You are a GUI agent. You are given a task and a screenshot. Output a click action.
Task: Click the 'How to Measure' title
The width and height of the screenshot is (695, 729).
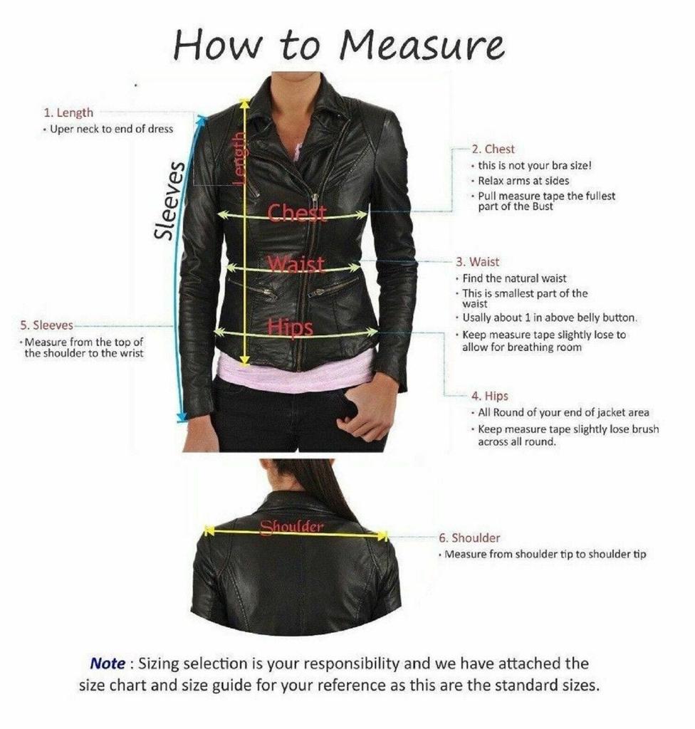coord(339,45)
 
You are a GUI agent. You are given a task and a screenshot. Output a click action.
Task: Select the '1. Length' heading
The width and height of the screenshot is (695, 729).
coord(68,112)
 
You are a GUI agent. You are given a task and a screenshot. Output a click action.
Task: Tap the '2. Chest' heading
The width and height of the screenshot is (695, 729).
coord(493,149)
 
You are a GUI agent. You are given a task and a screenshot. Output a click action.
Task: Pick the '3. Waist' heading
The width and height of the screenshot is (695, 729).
coord(477,262)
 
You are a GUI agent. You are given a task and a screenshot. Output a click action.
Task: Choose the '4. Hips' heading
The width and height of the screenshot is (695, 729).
coord(490,396)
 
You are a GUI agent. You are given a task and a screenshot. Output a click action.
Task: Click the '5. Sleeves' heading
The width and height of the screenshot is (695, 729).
coord(46,325)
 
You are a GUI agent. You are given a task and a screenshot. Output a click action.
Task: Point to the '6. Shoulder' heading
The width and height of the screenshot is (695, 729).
coord(469,537)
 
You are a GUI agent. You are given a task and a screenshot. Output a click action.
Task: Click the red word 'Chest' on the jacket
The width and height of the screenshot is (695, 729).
coord(297,213)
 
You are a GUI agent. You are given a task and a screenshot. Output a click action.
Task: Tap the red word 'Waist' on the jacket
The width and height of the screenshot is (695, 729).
coord(296,264)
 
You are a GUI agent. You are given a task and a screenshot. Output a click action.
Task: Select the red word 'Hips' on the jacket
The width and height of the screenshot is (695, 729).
coord(290,327)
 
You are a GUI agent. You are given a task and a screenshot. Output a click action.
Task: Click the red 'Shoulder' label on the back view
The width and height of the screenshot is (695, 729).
coord(292,527)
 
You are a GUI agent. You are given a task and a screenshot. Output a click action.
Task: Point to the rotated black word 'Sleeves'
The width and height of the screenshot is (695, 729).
coord(169,200)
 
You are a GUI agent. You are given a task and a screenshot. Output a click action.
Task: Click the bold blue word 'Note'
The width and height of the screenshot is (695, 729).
coord(108,663)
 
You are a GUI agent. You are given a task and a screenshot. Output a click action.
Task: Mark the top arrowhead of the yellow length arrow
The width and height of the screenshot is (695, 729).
coord(245,104)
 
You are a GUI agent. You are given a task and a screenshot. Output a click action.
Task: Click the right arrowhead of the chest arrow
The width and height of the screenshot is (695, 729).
coord(362,214)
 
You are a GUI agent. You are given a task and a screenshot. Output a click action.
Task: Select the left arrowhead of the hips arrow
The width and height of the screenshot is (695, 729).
coord(219,332)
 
